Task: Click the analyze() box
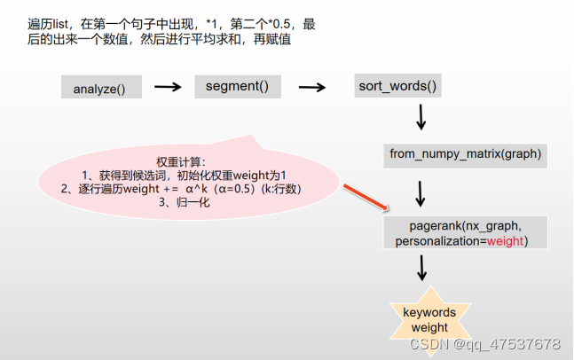(99, 88)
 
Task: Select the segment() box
(237, 86)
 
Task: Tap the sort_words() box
(397, 86)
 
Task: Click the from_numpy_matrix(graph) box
(465, 154)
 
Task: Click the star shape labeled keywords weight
(429, 319)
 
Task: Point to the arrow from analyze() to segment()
(168, 87)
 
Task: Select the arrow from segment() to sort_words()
(311, 87)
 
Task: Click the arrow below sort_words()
(421, 116)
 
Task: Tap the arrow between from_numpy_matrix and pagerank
(421, 192)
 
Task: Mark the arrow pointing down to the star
(421, 268)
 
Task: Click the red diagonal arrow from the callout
(363, 197)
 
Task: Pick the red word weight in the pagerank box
(505, 241)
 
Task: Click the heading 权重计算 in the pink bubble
(181, 162)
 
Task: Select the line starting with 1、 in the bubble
(185, 176)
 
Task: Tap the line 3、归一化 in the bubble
(184, 202)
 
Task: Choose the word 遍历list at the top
(49, 25)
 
